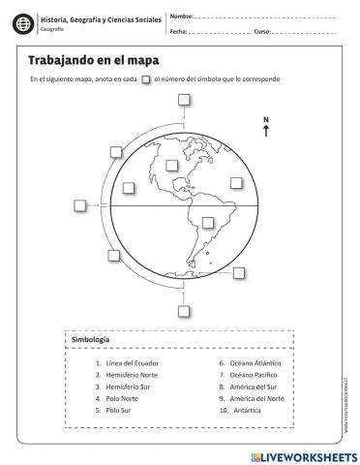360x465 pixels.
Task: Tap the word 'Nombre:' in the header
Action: pyautogui.click(x=181, y=16)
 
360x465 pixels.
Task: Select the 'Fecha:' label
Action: pyautogui.click(x=178, y=31)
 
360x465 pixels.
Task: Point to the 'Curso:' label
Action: pyautogui.click(x=262, y=31)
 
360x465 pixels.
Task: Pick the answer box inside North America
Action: pyautogui.click(x=172, y=165)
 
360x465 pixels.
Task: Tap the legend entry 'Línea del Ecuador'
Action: pyautogui.click(x=130, y=363)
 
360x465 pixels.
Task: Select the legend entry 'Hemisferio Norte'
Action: pyautogui.click(x=130, y=375)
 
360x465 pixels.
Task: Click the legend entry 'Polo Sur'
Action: pyautogui.click(x=120, y=410)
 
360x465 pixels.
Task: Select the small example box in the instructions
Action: pyautogui.click(x=145, y=79)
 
